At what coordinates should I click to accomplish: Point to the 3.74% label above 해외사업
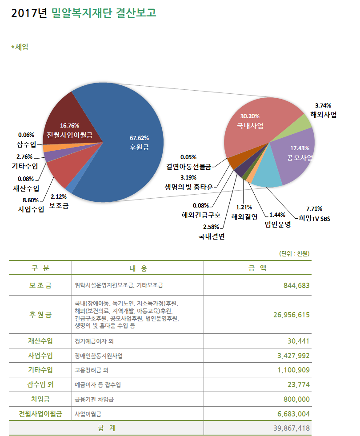pos(323,105)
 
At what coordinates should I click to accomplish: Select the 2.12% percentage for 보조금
pos(59,197)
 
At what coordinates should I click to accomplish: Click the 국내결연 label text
pos(211,236)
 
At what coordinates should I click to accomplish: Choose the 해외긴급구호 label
pos(201,216)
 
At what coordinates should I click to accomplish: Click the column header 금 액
pos(257,268)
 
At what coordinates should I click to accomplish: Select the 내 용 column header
pos(138,268)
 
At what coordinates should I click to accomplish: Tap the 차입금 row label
pos(40,399)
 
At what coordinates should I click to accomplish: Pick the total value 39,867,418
pos(289,428)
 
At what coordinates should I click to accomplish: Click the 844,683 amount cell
pos(296,285)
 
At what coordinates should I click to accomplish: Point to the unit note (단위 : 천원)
pos(294,254)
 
